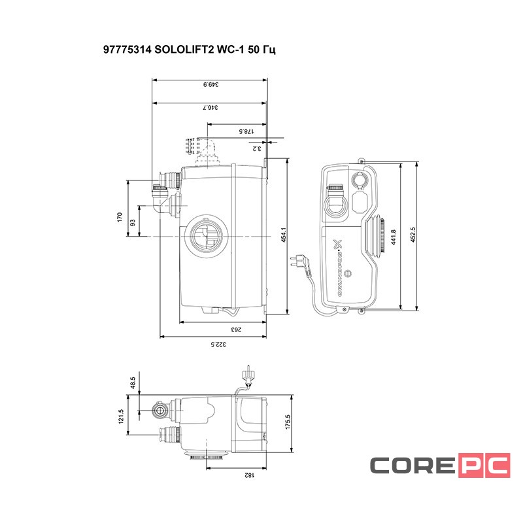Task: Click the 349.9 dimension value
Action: (209, 84)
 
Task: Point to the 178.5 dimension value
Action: (245, 131)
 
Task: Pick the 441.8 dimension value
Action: (394, 236)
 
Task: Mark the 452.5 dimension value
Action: (413, 236)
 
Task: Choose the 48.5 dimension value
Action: (133, 381)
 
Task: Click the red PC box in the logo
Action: (483, 465)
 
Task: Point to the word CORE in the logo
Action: (413, 465)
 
